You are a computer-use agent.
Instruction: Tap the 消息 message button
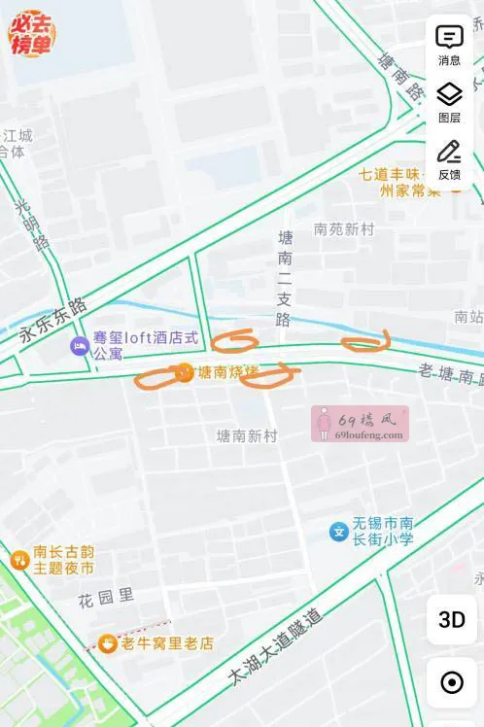(x=449, y=44)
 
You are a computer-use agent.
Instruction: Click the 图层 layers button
(x=449, y=101)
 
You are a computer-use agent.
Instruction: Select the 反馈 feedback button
(x=449, y=158)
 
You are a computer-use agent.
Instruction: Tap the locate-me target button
(x=452, y=682)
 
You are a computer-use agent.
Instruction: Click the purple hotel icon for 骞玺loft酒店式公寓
(x=79, y=346)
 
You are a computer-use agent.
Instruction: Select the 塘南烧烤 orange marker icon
(x=184, y=371)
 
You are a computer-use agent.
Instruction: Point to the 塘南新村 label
(x=247, y=436)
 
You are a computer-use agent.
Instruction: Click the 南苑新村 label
(x=344, y=229)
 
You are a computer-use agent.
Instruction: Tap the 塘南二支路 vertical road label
(x=284, y=278)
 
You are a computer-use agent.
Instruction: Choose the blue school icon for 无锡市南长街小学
(x=338, y=532)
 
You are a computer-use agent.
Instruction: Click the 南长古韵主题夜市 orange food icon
(x=18, y=559)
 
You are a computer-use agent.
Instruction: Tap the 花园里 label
(x=106, y=595)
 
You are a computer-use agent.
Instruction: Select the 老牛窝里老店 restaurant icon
(x=107, y=643)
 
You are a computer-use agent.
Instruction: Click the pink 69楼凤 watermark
(x=360, y=424)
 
